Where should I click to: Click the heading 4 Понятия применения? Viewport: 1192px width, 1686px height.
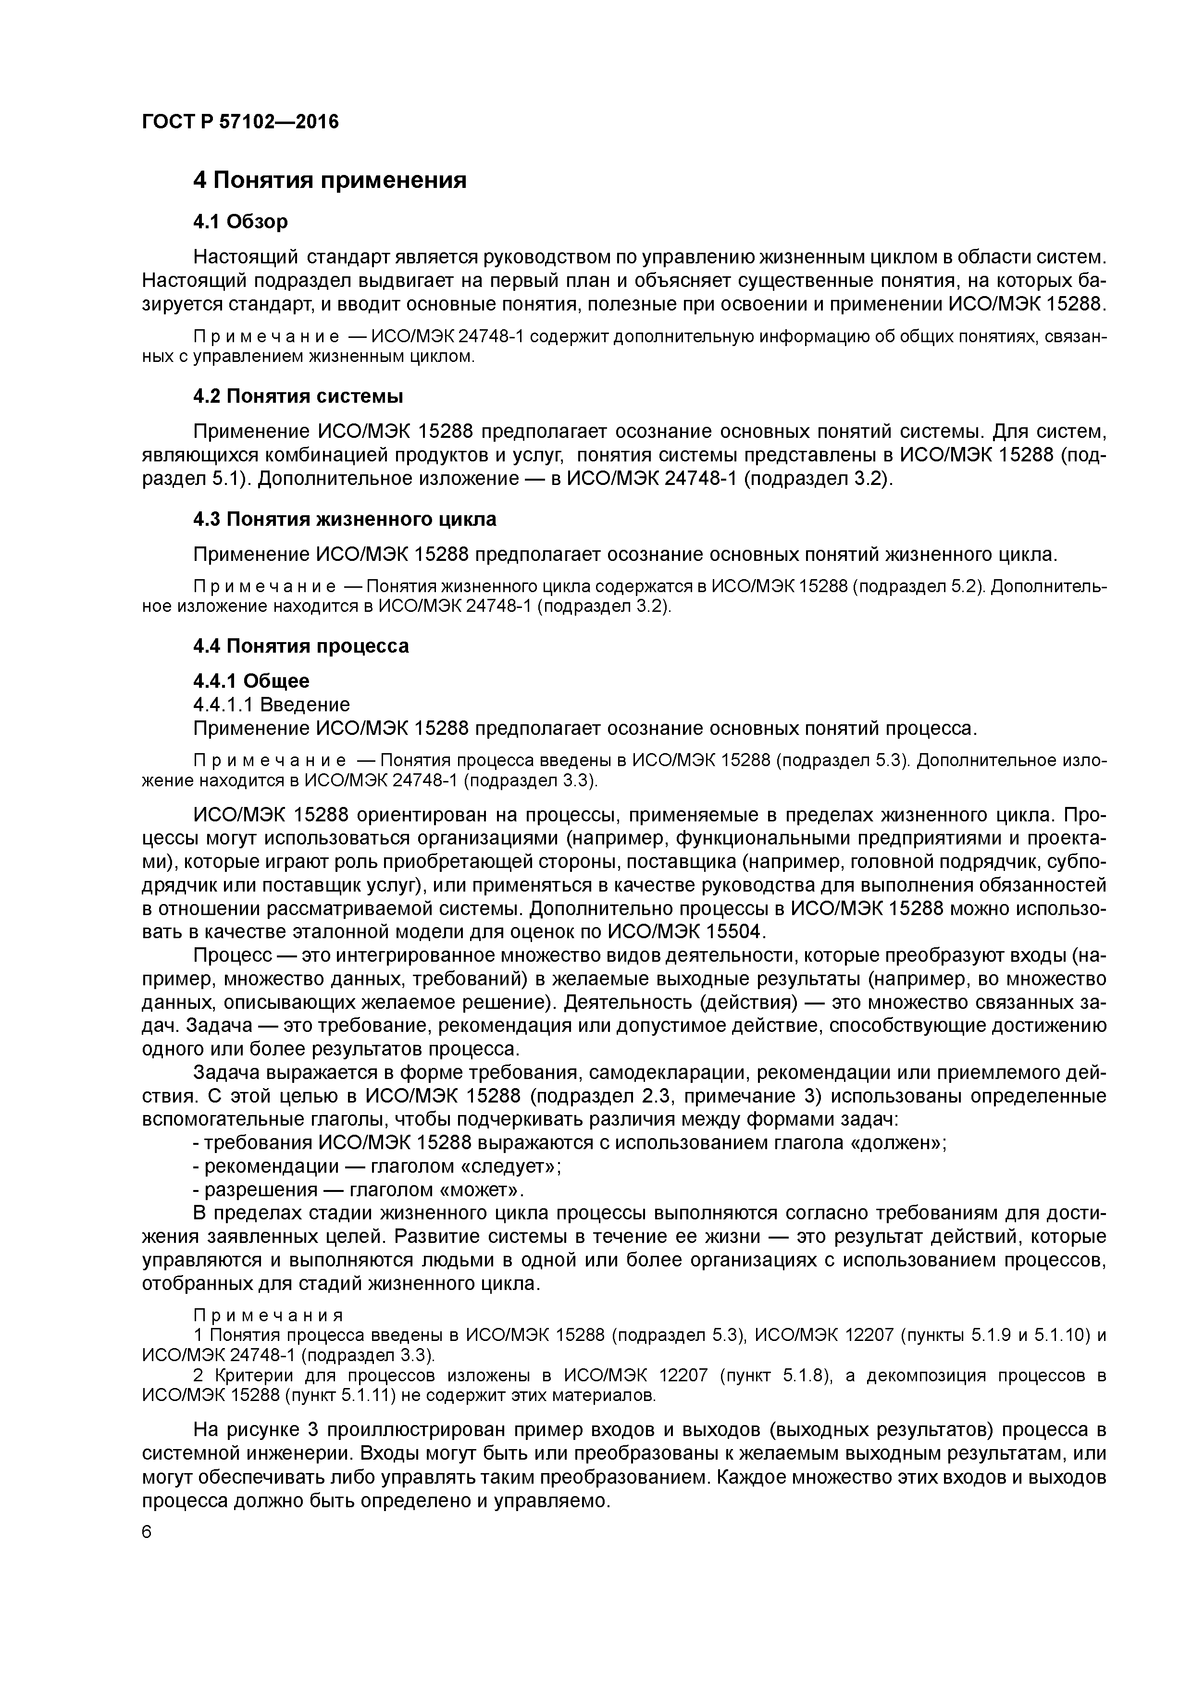(x=329, y=179)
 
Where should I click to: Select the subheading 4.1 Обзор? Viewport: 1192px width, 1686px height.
(x=240, y=221)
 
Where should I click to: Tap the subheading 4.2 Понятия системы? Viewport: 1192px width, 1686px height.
(x=298, y=397)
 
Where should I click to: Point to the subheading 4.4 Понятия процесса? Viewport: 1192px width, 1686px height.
(x=300, y=646)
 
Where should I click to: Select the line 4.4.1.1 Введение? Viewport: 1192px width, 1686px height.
(x=271, y=705)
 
